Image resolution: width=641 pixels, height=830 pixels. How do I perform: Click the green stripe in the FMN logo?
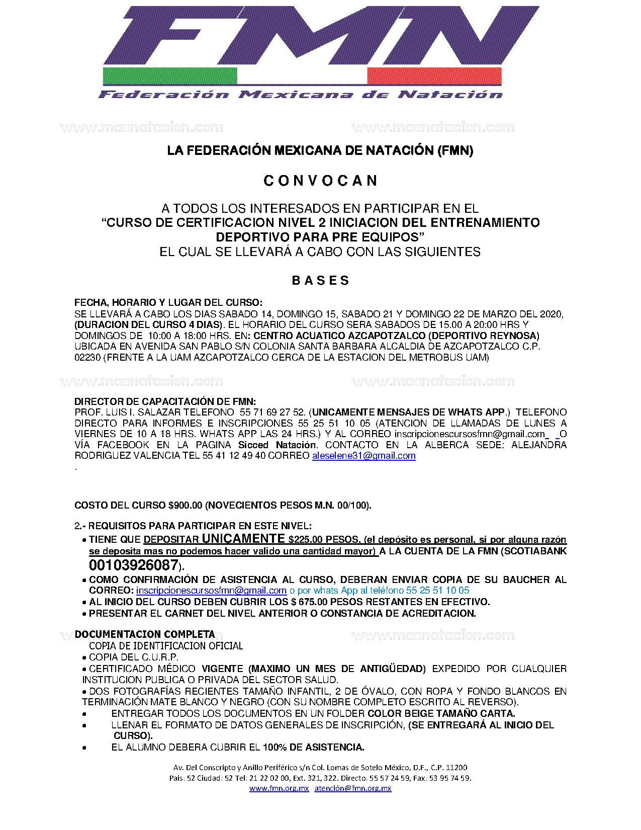click(169, 76)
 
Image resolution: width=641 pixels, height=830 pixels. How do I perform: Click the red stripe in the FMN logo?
click(434, 76)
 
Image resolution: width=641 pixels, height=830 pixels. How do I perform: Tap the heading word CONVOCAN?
click(320, 181)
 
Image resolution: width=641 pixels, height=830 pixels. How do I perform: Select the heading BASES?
click(320, 280)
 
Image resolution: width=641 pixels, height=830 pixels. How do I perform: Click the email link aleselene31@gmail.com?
click(363, 456)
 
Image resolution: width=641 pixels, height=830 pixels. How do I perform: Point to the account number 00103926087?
click(133, 565)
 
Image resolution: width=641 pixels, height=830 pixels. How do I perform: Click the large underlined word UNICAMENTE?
click(243, 539)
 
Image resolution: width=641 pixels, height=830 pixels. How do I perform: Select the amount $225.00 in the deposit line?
click(305, 540)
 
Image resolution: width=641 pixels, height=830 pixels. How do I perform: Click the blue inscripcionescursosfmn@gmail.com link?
click(211, 591)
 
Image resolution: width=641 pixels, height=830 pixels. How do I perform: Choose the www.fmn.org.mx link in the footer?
click(279, 788)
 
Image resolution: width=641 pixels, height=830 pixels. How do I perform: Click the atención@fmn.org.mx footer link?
click(352, 788)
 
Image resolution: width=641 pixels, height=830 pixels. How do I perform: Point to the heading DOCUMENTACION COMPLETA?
click(145, 634)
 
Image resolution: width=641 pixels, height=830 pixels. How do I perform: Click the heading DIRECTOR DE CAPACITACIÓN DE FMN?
click(165, 401)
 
